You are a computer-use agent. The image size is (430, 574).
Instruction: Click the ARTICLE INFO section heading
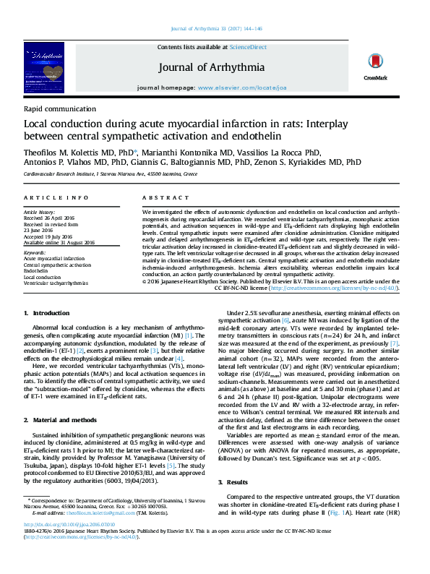click(x=56, y=197)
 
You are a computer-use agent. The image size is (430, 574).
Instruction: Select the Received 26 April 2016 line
click(x=48, y=217)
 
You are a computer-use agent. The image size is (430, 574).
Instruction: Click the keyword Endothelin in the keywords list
click(x=36, y=270)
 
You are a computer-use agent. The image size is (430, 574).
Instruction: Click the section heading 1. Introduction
click(x=47, y=312)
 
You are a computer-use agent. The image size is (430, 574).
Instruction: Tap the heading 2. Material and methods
click(x=59, y=419)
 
